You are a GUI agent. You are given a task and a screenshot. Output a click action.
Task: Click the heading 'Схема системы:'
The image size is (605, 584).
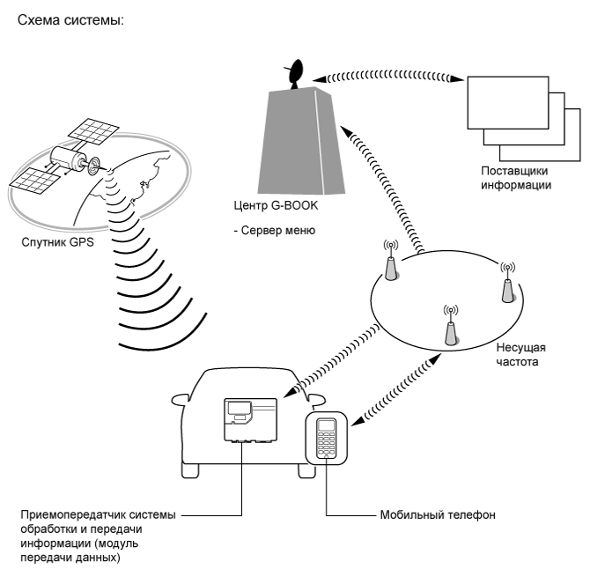coord(71,20)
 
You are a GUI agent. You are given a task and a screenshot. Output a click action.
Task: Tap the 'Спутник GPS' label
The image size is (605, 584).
coord(57,242)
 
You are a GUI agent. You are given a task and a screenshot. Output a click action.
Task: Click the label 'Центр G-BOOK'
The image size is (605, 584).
coord(276,205)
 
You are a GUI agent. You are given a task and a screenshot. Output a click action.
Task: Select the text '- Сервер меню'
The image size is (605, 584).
coord(275,231)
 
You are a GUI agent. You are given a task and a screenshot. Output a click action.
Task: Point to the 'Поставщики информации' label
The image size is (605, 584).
coord(516,178)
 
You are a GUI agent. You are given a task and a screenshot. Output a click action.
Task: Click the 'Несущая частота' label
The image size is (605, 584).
coord(520,354)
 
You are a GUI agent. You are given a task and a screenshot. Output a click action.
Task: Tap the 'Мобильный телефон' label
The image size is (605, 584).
coord(438,515)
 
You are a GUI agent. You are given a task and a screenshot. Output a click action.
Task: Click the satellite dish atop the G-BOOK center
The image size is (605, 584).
coord(296,74)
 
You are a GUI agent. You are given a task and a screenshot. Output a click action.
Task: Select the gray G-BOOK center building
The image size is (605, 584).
coord(301,141)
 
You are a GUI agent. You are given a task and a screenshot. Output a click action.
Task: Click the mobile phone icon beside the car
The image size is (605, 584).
coord(326,438)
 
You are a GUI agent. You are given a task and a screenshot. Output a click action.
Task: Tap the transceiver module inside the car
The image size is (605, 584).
coord(250,419)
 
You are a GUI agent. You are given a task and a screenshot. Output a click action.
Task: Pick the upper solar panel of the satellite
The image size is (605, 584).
coord(93,131)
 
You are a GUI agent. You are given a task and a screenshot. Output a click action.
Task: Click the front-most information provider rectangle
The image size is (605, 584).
coord(508,103)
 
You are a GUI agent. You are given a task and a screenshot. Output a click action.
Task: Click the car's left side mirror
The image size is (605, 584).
coord(181,400)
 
